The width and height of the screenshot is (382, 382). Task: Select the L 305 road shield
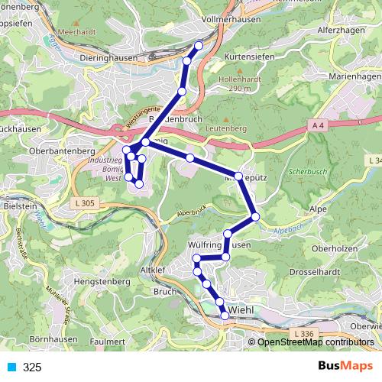pos(86,202)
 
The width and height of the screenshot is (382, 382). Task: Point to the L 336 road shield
pos(305,334)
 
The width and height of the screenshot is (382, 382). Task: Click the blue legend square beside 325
pos(11,367)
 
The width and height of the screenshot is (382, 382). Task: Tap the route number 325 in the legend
pos(32,367)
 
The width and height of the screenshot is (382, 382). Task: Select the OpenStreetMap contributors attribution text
pos(316,342)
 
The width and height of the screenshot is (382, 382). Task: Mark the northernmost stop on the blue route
pos(199,46)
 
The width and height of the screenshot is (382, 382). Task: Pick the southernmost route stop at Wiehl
pos(225,315)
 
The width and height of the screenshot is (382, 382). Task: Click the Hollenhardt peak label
pos(234,79)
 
